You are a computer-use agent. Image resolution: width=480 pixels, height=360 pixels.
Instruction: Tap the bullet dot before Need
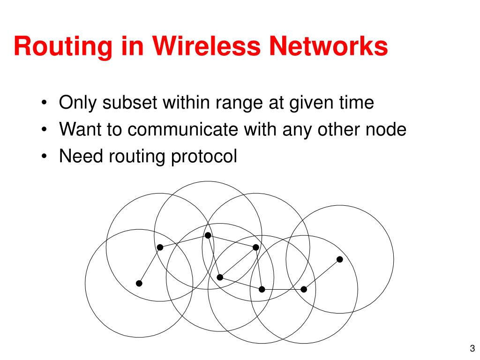tap(44, 157)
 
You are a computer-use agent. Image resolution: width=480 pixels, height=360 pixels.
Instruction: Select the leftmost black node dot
tap(139, 283)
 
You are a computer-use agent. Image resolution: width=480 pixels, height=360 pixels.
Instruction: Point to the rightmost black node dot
tap(340, 259)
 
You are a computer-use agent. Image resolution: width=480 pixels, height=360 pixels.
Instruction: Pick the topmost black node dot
tap(208, 235)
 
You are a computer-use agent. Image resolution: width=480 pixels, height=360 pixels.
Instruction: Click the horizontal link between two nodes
tap(283, 289)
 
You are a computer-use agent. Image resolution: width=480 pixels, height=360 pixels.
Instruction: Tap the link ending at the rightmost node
tap(322, 274)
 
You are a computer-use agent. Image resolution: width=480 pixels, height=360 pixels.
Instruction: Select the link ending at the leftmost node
tap(149, 265)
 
